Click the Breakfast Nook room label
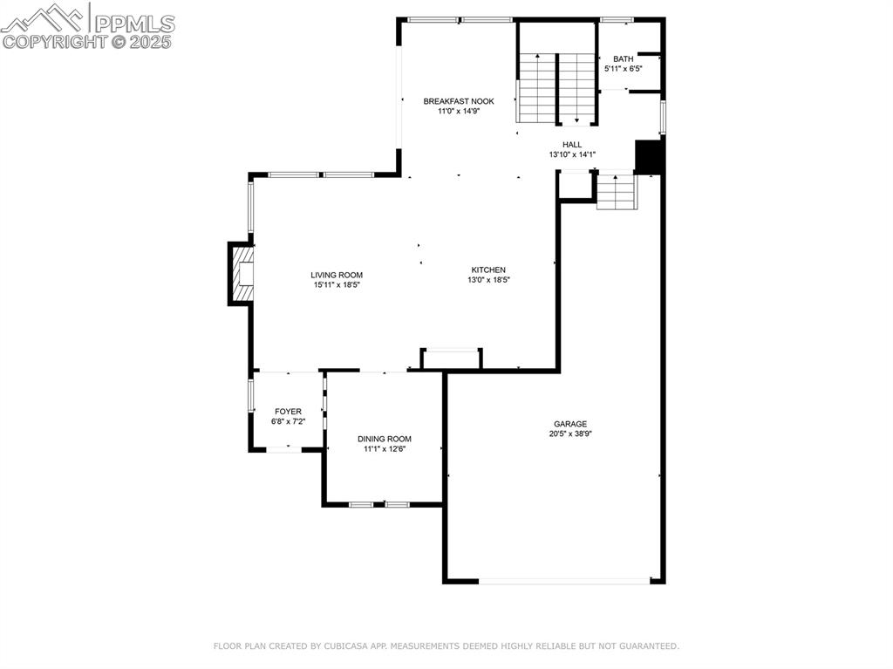[x=459, y=101]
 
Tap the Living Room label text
[x=337, y=275]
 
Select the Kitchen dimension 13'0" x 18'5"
[x=488, y=280]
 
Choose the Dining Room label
[x=384, y=439]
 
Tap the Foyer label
[x=288, y=411]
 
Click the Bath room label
[x=623, y=58]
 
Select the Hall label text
[x=572, y=145]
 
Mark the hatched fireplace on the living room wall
[x=242, y=274]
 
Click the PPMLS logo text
[x=134, y=24]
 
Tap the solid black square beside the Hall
[x=650, y=157]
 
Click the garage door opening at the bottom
[x=564, y=581]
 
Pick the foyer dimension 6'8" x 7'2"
[x=288, y=421]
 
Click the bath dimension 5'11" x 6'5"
[x=623, y=68]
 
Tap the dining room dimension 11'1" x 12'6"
[x=384, y=448]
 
